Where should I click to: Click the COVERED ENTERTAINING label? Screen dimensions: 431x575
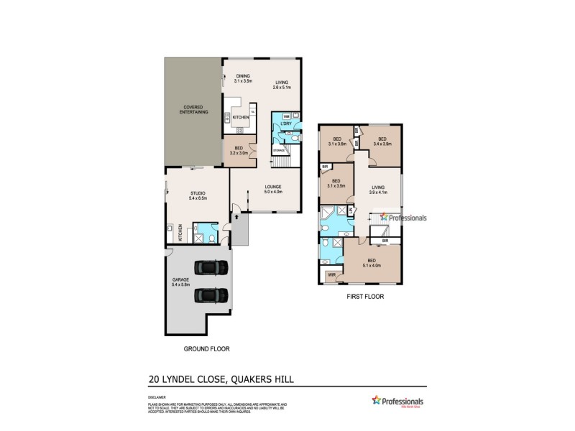pyautogui.click(x=193, y=111)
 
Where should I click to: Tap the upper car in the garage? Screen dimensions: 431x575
pyautogui.click(x=211, y=269)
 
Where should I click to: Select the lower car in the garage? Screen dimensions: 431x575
pyautogui.click(x=211, y=294)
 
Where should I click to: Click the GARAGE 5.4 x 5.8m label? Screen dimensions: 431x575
pyautogui.click(x=180, y=282)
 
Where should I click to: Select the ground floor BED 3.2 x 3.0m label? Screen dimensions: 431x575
pyautogui.click(x=238, y=150)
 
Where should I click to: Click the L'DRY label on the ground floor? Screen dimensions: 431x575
pyautogui.click(x=285, y=124)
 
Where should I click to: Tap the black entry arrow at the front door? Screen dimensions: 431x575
pyautogui.click(x=234, y=213)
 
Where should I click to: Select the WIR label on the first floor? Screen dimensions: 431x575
pyautogui.click(x=331, y=274)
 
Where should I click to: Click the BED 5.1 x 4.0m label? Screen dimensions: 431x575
pyautogui.click(x=372, y=262)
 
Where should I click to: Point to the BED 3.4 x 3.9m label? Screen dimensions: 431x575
pyautogui.click(x=382, y=142)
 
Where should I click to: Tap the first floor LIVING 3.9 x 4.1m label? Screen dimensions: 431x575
pyautogui.click(x=378, y=190)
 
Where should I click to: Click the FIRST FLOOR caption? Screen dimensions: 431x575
pyautogui.click(x=360, y=295)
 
